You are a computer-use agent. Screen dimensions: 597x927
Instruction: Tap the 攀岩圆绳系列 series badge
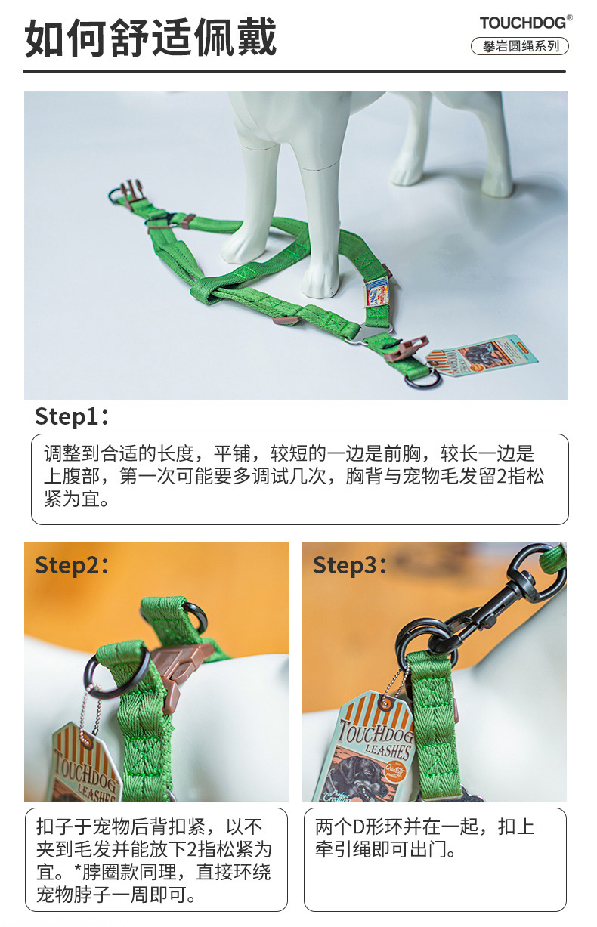(x=520, y=46)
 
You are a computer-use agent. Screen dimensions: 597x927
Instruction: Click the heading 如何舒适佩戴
(x=150, y=37)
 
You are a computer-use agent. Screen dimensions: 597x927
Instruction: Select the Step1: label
(x=72, y=417)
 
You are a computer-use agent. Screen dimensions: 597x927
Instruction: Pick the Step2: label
(x=72, y=565)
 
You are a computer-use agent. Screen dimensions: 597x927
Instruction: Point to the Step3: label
(x=349, y=565)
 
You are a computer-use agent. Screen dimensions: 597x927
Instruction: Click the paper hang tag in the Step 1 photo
(x=482, y=356)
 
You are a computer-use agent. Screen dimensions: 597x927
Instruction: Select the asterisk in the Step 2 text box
(x=77, y=868)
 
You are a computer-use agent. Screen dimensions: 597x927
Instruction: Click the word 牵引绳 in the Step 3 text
(x=343, y=851)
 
